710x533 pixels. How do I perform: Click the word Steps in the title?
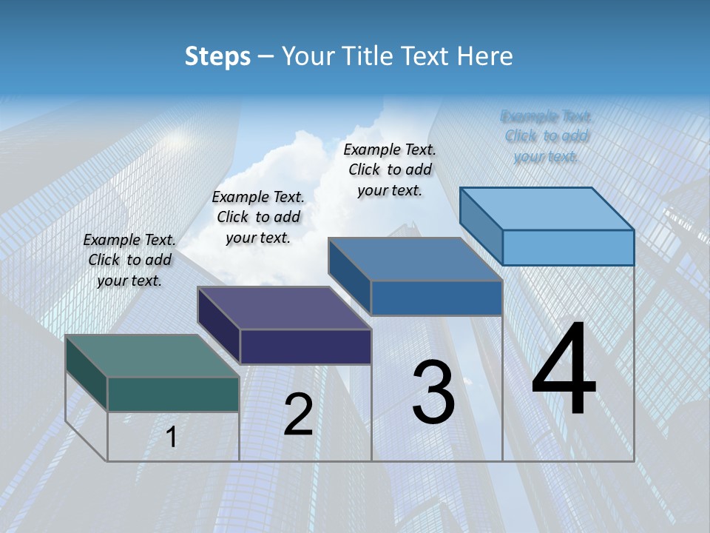217,56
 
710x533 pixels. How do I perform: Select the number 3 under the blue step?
433,392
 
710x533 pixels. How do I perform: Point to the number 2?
298,415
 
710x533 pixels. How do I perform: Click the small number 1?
172,437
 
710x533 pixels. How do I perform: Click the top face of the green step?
152,356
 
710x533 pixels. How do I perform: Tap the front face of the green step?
173,394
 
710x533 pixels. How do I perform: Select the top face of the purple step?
284,308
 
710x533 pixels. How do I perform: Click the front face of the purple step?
305,346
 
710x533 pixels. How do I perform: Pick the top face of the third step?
415,259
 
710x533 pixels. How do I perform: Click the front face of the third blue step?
436,298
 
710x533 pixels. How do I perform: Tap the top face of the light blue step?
547,209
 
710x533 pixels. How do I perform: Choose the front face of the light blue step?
568,247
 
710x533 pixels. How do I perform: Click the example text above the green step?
129,260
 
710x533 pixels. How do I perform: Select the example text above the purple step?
258,217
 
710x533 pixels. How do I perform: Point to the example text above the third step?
390,170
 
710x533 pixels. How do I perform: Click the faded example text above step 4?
547,136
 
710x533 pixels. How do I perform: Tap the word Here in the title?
485,56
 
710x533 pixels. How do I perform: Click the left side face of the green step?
87,372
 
